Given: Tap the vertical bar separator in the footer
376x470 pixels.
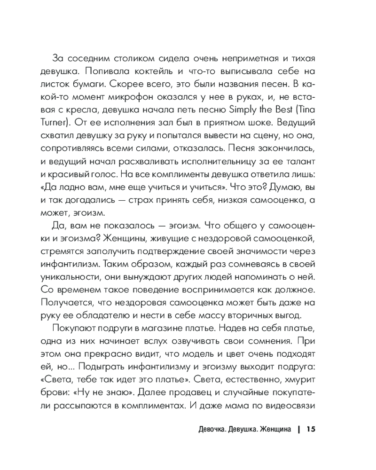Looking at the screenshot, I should (298, 429).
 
